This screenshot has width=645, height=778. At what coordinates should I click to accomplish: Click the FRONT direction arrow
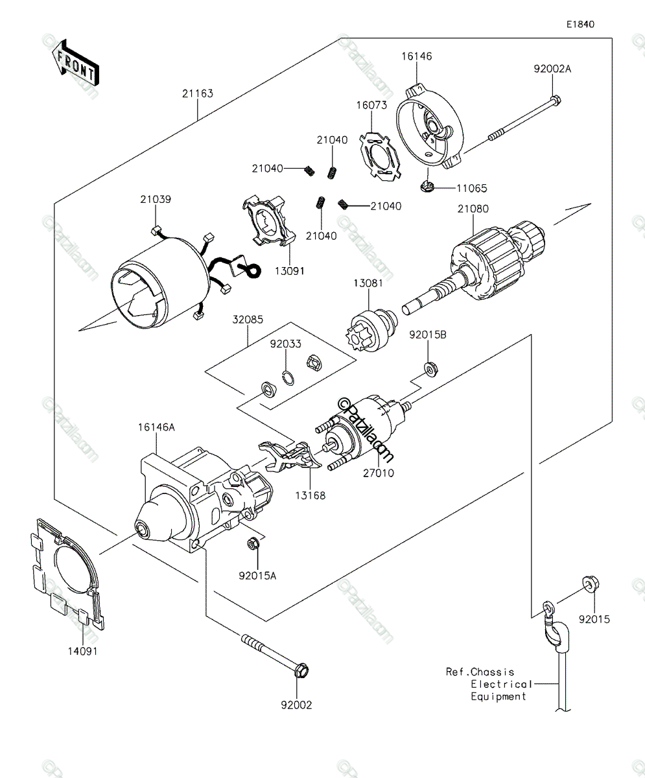click(x=75, y=63)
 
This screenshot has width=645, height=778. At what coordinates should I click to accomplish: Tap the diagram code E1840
click(x=580, y=24)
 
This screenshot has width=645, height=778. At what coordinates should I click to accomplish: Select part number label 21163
click(x=198, y=93)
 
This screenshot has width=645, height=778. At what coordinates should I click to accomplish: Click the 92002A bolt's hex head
click(x=556, y=100)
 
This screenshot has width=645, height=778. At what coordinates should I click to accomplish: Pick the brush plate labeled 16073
click(x=380, y=156)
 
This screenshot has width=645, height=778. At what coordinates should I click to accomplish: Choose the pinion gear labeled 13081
click(x=369, y=333)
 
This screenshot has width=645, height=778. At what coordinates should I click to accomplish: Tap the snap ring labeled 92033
click(x=288, y=379)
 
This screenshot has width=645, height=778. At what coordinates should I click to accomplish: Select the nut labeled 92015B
click(x=431, y=369)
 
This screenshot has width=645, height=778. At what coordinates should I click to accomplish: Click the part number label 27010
click(x=378, y=473)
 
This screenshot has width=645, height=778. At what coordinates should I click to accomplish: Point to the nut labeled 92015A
click(x=253, y=544)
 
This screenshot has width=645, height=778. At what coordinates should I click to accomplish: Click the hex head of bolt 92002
click(x=301, y=671)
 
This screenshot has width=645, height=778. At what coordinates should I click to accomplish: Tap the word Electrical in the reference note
click(x=502, y=684)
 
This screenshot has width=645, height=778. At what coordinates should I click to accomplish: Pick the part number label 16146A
click(x=156, y=427)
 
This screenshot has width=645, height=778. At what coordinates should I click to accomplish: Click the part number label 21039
click(x=156, y=199)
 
